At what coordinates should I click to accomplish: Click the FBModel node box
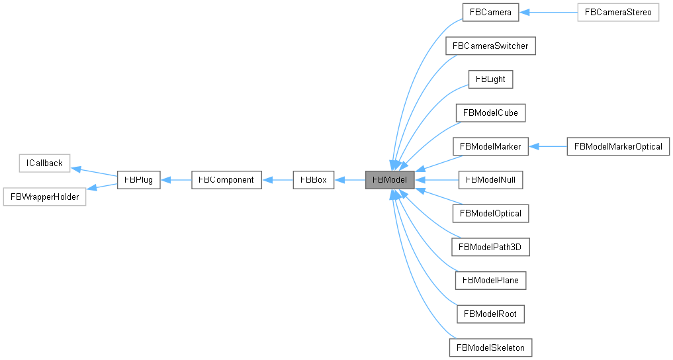pos(390,179)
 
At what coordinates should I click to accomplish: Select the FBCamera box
pos(490,12)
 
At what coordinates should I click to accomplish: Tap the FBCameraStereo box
pos(618,12)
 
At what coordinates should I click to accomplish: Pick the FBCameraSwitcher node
pos(490,46)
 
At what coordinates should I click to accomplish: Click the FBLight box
pos(490,79)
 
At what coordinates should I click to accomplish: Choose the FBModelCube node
pos(490,112)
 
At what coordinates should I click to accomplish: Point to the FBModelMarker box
pos(490,146)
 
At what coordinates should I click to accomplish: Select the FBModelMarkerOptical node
pos(618,146)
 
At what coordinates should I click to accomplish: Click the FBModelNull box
pos(490,179)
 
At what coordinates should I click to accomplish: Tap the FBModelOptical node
pos(490,213)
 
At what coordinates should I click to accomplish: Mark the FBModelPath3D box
pos(490,247)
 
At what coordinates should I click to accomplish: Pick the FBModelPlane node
pos(490,280)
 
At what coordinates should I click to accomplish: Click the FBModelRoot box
pos(490,314)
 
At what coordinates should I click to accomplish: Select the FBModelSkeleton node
pos(490,347)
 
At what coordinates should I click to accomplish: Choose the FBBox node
pos(314,179)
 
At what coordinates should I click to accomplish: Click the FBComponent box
pos(226,179)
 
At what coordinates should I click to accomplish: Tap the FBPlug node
pos(138,179)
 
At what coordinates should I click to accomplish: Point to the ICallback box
pos(44,163)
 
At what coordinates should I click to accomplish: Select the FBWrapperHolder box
pos(44,197)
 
